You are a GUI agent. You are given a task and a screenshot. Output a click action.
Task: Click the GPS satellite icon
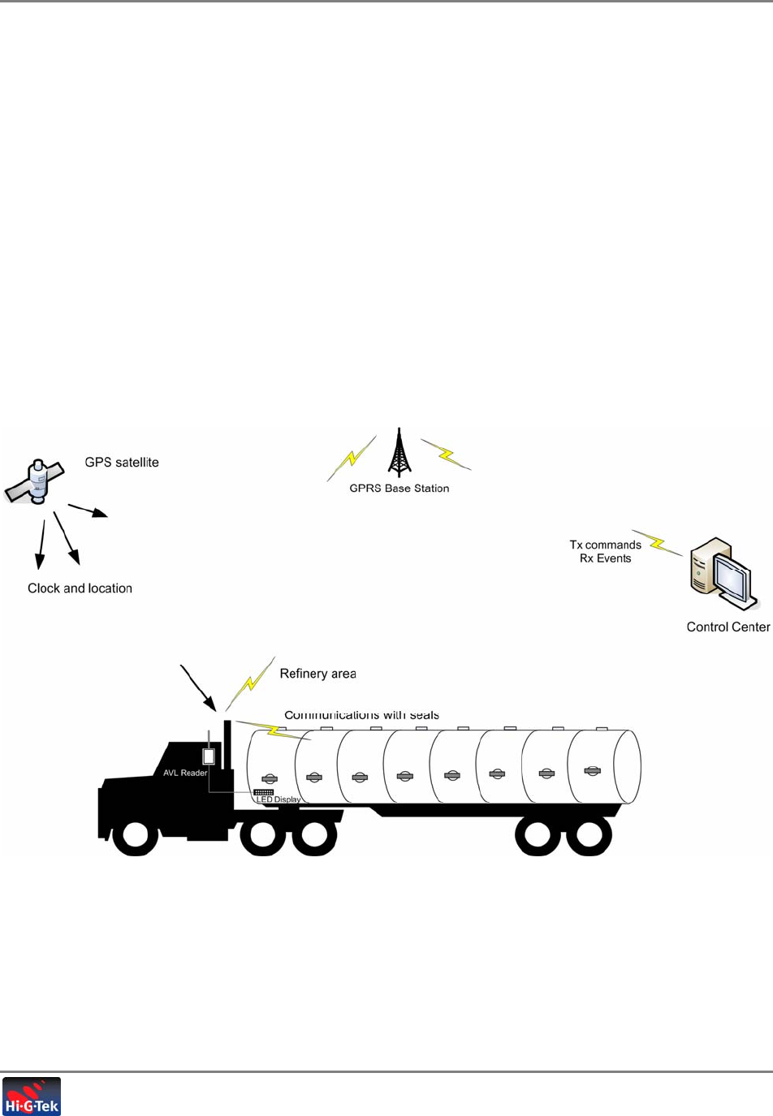click(x=34, y=482)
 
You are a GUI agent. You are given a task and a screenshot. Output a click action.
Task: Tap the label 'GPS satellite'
click(x=122, y=463)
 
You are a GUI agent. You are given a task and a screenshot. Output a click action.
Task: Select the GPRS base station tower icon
click(x=399, y=453)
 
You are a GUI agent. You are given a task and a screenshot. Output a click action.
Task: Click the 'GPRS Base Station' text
click(x=399, y=489)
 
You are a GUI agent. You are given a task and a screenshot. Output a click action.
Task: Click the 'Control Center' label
click(x=728, y=627)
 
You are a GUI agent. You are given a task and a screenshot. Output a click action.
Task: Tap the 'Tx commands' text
click(x=605, y=545)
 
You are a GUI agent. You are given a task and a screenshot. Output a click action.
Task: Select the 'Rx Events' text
click(x=605, y=558)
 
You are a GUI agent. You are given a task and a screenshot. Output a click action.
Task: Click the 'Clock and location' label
click(x=80, y=588)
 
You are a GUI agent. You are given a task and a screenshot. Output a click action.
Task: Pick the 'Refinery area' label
click(x=317, y=674)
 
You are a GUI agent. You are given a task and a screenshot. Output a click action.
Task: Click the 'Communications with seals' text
click(x=361, y=715)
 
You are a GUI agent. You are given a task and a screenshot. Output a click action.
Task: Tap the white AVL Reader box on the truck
click(x=209, y=756)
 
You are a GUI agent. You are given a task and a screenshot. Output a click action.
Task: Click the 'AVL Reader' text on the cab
click(x=184, y=773)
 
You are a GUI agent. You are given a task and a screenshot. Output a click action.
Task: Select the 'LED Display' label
click(x=279, y=799)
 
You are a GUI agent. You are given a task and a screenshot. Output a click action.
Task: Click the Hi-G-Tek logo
click(x=32, y=1097)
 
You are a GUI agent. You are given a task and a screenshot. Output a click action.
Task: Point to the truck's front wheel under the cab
click(x=135, y=836)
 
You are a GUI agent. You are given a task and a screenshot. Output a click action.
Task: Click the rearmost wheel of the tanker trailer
click(x=589, y=836)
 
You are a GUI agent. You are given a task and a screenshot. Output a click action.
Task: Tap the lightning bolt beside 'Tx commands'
click(x=657, y=543)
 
